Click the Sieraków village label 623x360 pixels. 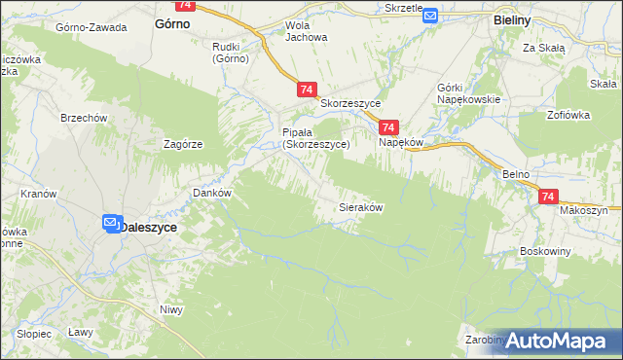(x=359, y=207)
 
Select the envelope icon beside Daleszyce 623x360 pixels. (x=111, y=225)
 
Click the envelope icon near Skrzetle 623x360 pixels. (x=431, y=17)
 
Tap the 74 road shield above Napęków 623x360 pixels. (x=388, y=127)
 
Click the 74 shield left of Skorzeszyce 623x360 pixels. (x=307, y=90)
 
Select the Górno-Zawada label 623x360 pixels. (x=92, y=27)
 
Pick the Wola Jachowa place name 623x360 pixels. (x=306, y=31)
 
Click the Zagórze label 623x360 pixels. (x=183, y=143)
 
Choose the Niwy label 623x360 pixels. (x=171, y=310)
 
